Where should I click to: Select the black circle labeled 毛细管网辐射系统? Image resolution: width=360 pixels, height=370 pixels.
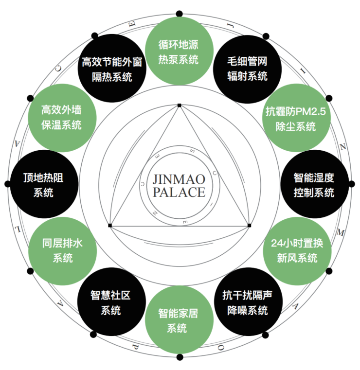pyautogui.click(x=247, y=69)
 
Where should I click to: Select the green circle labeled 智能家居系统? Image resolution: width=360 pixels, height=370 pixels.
pyautogui.click(x=179, y=321)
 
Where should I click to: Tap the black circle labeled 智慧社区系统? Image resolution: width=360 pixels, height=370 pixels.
pyautogui.click(x=110, y=302)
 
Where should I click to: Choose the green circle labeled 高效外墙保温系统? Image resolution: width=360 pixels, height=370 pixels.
pyautogui.click(x=61, y=117)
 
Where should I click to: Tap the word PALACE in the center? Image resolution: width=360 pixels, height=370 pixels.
pyautogui.click(x=179, y=192)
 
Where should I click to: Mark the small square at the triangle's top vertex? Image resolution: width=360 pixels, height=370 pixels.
pyautogui.click(x=179, y=105)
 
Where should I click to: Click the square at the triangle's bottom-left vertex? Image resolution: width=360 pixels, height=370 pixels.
pyautogui.click(x=110, y=226)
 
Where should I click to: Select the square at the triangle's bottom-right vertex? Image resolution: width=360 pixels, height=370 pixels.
pyautogui.click(x=249, y=226)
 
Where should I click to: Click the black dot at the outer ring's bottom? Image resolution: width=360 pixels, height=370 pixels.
pyautogui.click(x=180, y=357)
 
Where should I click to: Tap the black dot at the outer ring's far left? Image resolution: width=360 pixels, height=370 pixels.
pyautogui.click(x=7, y=184)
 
